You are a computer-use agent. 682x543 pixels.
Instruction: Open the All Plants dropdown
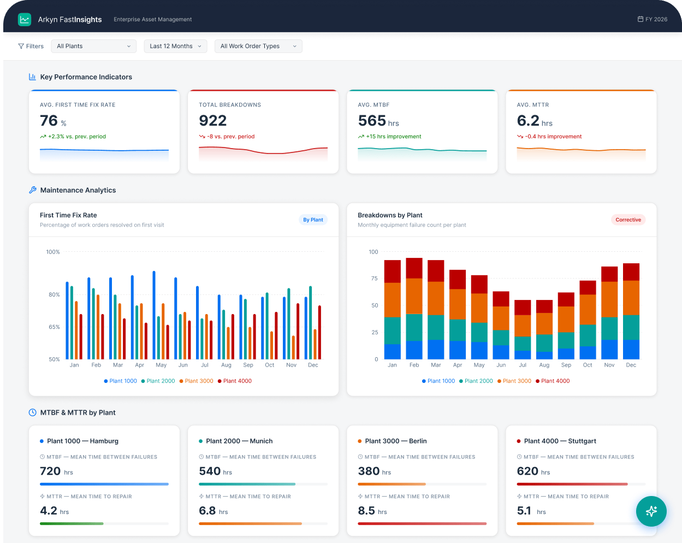tap(93, 46)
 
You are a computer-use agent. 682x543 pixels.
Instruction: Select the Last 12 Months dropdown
tap(175, 46)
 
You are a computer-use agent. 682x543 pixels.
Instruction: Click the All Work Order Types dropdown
tap(258, 46)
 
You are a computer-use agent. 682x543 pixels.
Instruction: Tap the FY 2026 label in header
tap(653, 19)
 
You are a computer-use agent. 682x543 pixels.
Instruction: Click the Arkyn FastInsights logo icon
tap(25, 20)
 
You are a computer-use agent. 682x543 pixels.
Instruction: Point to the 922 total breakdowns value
tap(213, 121)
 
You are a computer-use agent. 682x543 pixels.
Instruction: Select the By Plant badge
tap(313, 220)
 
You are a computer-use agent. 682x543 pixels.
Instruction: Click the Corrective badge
tap(628, 220)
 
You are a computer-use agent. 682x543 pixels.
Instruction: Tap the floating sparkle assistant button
tap(651, 511)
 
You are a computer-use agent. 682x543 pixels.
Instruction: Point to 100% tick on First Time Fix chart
tap(53, 252)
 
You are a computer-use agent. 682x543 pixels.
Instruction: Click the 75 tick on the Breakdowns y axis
tap(374, 279)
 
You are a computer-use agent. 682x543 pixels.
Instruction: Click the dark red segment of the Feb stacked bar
tap(414, 268)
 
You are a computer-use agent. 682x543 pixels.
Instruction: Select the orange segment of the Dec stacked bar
tap(631, 298)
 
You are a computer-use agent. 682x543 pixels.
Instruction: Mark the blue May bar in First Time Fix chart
tap(154, 315)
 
